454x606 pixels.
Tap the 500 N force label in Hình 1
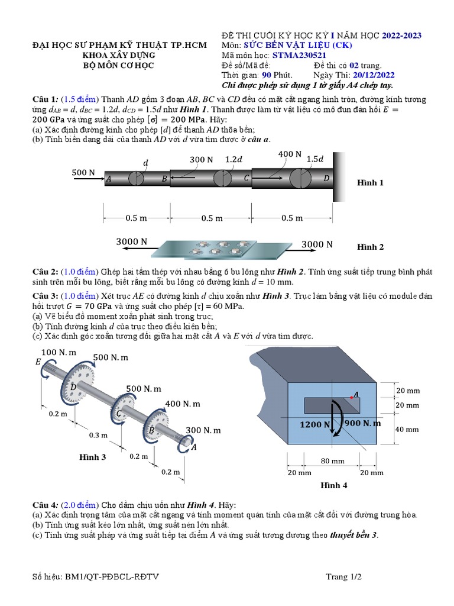click(83, 172)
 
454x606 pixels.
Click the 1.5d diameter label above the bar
click(315, 159)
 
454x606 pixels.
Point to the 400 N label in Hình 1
click(290, 154)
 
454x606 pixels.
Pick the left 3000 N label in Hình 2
click(131, 241)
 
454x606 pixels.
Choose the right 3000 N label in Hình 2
click(317, 244)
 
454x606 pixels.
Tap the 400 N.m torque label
click(183, 404)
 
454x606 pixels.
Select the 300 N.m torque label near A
click(203, 430)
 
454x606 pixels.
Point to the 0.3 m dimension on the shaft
click(98, 435)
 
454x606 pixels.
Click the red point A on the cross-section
click(351, 397)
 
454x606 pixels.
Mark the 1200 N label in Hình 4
click(314, 424)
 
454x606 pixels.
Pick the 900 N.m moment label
click(362, 423)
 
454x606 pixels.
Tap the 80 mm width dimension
click(333, 461)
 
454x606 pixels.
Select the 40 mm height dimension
click(407, 429)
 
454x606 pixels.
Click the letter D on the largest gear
click(73, 386)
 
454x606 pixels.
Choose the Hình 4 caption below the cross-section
click(333, 485)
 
